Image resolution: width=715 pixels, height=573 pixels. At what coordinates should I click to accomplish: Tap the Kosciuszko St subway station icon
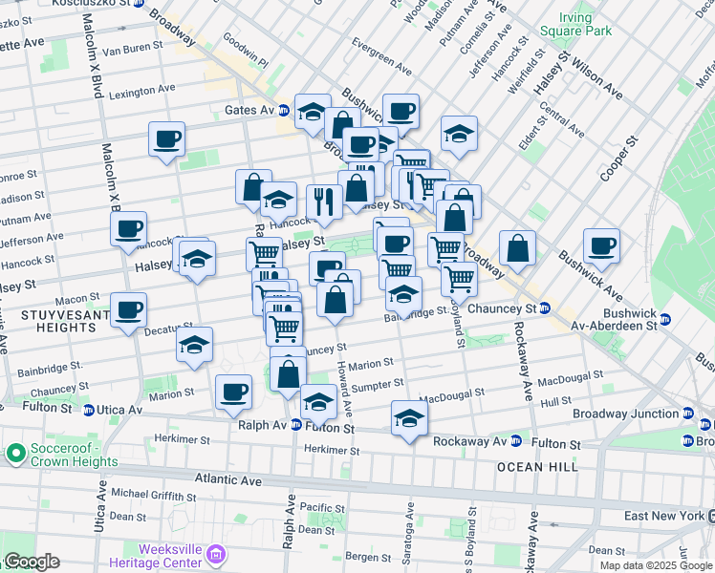(x=140, y=4)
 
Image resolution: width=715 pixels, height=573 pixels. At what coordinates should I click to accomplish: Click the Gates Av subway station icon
(x=283, y=111)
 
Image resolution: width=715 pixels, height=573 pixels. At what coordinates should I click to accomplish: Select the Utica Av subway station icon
(x=88, y=410)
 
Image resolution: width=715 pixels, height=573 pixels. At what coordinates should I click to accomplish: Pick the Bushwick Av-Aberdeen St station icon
(x=665, y=319)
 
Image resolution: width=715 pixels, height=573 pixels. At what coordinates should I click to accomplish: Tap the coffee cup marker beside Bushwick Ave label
(x=602, y=246)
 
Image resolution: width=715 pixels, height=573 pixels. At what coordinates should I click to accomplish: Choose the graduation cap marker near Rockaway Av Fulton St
(x=409, y=418)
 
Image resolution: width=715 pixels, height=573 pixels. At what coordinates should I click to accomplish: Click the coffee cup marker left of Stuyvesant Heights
(x=128, y=309)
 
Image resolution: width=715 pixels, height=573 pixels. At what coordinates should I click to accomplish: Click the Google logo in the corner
(x=31, y=562)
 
